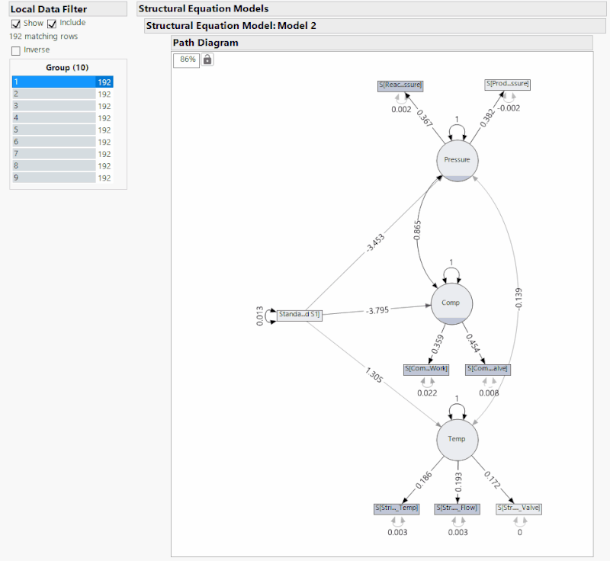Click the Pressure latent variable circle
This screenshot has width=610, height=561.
(x=457, y=159)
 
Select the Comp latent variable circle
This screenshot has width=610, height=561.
(x=451, y=303)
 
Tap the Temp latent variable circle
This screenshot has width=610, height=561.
(x=457, y=439)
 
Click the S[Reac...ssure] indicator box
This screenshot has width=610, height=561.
(x=400, y=85)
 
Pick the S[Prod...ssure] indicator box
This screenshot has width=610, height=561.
(x=507, y=84)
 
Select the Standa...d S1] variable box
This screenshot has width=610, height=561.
(x=299, y=314)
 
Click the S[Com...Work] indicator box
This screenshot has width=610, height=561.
(x=426, y=369)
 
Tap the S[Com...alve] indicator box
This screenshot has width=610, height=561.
(x=487, y=369)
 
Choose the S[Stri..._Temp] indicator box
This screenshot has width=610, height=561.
(x=396, y=508)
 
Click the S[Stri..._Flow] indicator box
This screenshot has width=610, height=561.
(x=457, y=508)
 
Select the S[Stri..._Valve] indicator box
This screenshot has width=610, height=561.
(x=519, y=508)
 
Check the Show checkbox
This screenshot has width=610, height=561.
(x=16, y=24)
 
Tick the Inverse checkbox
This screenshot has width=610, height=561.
(x=16, y=50)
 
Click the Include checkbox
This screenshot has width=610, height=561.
(x=53, y=24)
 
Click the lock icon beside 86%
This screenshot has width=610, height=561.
(x=207, y=59)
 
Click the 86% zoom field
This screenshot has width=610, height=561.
(x=187, y=59)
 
